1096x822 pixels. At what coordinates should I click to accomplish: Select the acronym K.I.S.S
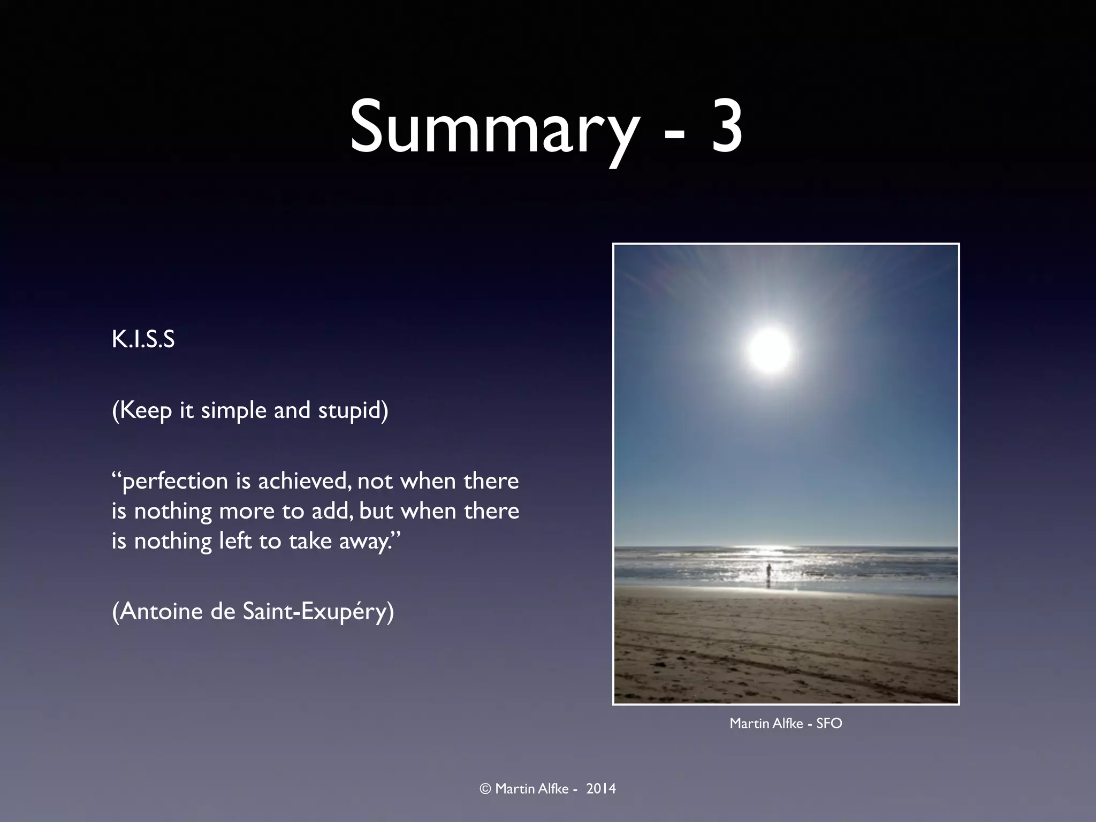[143, 340]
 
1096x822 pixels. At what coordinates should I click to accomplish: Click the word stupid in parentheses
[353, 410]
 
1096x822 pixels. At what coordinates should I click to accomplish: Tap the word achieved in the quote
[305, 481]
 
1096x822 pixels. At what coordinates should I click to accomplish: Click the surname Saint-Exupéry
[317, 612]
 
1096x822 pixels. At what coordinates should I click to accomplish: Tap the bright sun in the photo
[769, 350]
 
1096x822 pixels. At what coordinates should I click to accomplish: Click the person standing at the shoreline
[768, 574]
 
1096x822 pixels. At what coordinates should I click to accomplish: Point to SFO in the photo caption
[829, 724]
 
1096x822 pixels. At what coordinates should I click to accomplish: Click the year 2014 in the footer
[601, 789]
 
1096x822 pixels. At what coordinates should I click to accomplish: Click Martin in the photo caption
[748, 724]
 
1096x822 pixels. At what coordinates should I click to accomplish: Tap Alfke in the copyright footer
[552, 789]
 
